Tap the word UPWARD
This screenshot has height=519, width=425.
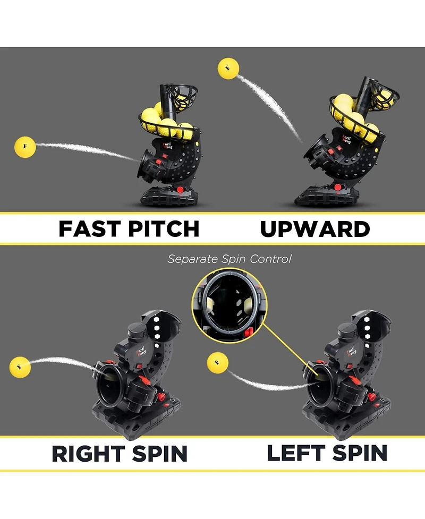click(x=314, y=228)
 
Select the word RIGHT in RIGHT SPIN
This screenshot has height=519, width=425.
click(x=88, y=453)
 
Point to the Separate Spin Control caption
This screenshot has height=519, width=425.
click(x=229, y=259)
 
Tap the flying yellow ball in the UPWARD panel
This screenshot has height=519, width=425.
click(x=228, y=69)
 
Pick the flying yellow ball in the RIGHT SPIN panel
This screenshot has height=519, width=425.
click(x=20, y=367)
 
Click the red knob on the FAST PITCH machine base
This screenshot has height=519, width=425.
click(x=181, y=190)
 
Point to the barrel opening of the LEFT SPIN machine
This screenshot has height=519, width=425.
click(x=321, y=382)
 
